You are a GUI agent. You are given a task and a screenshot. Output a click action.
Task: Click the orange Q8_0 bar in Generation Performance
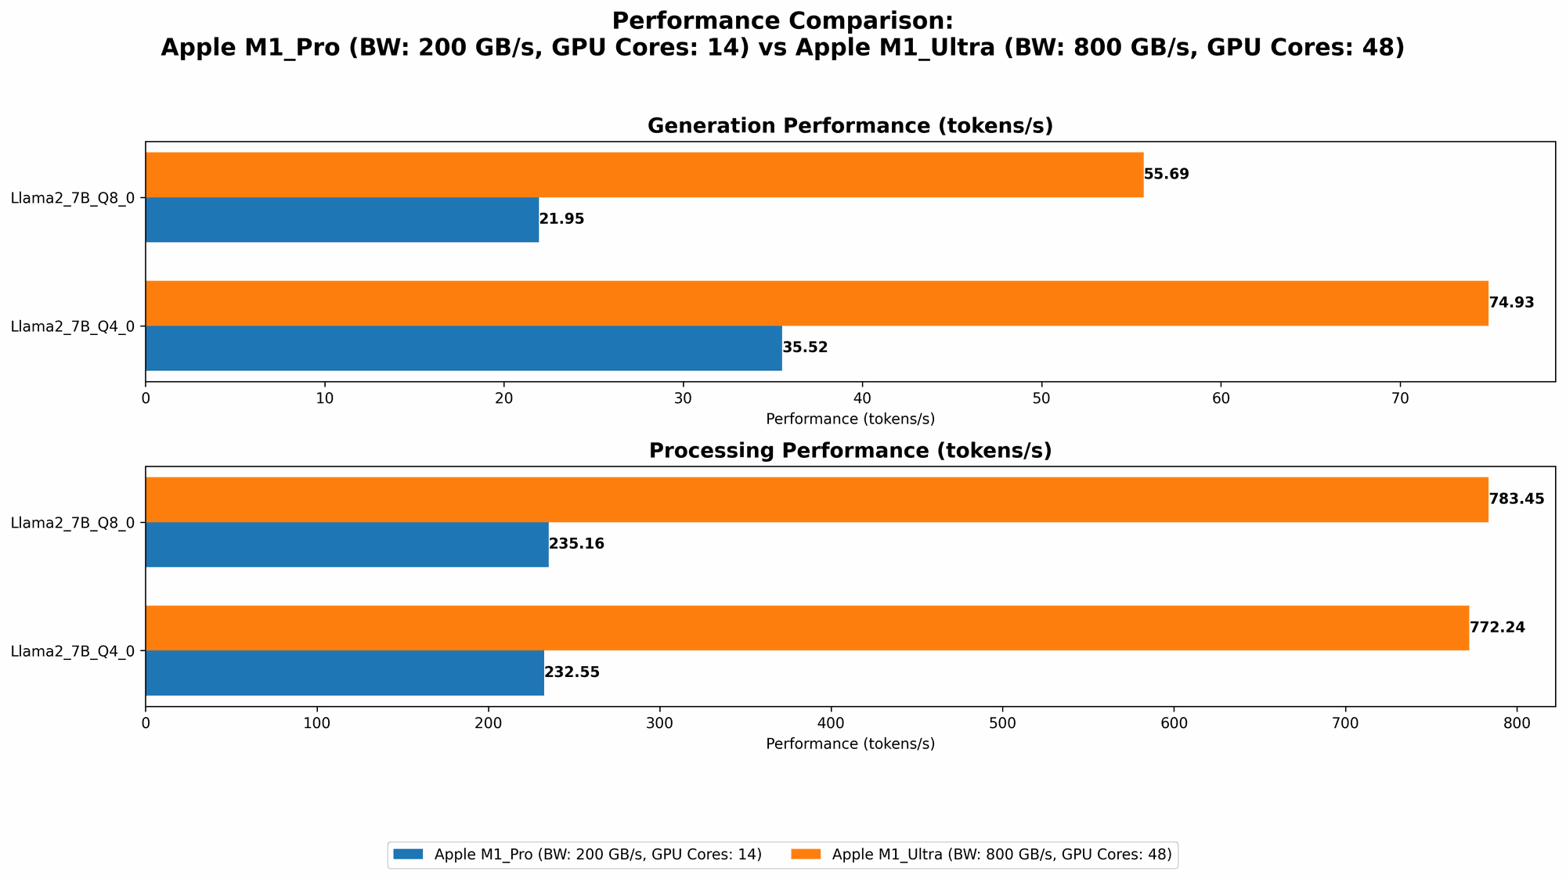[x=644, y=175]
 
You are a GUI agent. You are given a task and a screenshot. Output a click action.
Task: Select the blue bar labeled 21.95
[x=342, y=220]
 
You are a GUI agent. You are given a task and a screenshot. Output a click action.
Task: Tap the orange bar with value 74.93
[x=816, y=303]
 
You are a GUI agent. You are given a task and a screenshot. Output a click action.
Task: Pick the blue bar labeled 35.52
[x=464, y=348]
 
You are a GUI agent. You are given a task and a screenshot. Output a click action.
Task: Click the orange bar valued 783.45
[x=816, y=499]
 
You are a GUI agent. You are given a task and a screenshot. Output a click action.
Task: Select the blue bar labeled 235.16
[x=347, y=544]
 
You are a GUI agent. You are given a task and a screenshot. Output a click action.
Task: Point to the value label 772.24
[x=1497, y=628]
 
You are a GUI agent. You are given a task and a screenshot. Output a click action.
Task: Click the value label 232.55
[x=572, y=672]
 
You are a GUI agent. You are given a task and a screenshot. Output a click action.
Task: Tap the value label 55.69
[x=1166, y=175]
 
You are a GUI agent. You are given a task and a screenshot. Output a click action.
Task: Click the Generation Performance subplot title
[x=850, y=126]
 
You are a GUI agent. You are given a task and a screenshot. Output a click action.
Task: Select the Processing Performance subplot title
[x=850, y=451]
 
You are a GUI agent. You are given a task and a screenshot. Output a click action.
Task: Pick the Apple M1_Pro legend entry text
[x=597, y=855]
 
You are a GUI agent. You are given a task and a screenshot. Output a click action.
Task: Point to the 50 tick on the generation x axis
[x=1041, y=399]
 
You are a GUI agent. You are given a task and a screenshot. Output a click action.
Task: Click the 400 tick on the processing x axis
[x=831, y=724]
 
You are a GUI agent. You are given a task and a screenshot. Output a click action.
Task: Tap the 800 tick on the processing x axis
[x=1517, y=724]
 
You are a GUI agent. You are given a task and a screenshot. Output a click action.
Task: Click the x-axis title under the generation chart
[x=850, y=419]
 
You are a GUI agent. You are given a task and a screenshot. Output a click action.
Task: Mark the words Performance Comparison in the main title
[x=782, y=21]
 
